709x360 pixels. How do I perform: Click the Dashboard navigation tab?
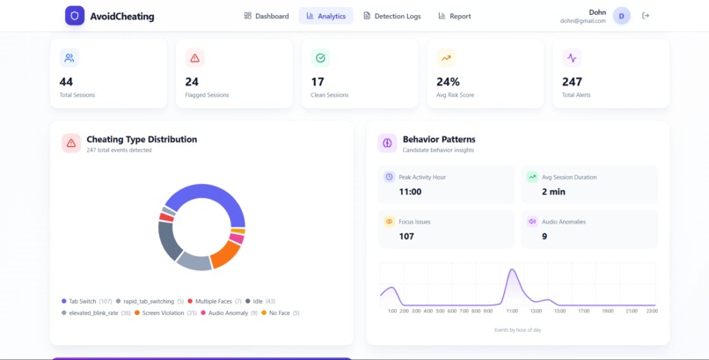pos(267,16)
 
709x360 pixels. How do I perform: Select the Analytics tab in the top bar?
pos(325,16)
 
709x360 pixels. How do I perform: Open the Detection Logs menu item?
pos(392,16)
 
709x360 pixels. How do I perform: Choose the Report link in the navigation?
pos(454,16)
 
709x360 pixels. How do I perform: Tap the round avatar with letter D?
pos(622,16)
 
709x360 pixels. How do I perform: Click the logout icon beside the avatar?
pos(646,16)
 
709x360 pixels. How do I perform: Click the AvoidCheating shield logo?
pos(75,16)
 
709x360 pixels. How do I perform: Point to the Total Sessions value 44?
pos(66,82)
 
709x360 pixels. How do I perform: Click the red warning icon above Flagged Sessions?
pos(195,58)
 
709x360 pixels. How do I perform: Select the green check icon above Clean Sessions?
pos(320,58)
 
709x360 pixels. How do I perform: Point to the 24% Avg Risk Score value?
pos(448,82)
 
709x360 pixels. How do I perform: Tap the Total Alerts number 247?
pos(572,82)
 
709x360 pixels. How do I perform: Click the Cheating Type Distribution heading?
pos(142,139)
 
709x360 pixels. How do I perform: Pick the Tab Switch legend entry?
pos(82,301)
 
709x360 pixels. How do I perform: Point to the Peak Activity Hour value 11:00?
pos(410,191)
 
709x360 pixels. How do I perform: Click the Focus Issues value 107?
pos(406,236)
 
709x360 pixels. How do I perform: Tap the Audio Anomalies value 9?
pos(545,236)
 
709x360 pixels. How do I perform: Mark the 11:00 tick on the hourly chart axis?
pos(511,311)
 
